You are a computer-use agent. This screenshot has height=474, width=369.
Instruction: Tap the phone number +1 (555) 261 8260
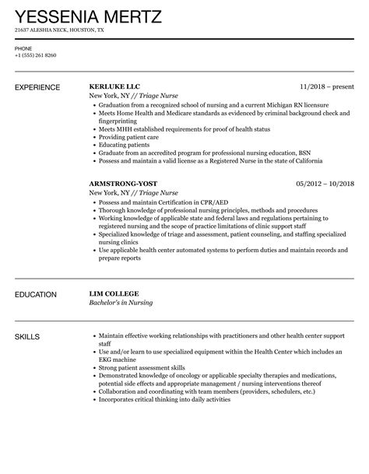tap(36, 55)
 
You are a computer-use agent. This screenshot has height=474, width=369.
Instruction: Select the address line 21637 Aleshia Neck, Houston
tap(59, 30)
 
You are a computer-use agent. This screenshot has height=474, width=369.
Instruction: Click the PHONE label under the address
tap(23, 47)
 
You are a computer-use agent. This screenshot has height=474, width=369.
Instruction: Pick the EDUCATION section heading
tap(36, 295)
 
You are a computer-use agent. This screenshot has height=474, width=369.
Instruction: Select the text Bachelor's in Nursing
tap(124, 305)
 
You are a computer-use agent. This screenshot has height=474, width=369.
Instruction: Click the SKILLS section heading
tap(28, 337)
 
